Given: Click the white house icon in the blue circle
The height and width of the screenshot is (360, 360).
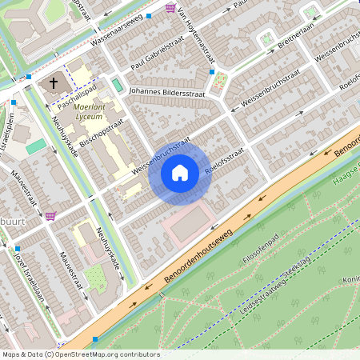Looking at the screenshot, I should pos(180,172).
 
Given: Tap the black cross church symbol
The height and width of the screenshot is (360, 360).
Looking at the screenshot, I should pos(54,82).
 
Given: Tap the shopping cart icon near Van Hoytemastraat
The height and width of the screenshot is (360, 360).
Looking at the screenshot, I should pos(170,7).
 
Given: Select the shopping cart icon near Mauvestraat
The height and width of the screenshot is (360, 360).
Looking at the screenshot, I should pos(51,215).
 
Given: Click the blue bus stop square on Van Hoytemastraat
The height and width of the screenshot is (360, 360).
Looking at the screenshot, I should pos(211,72).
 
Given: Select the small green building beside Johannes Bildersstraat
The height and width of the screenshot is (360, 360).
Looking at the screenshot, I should pos(118,85).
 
